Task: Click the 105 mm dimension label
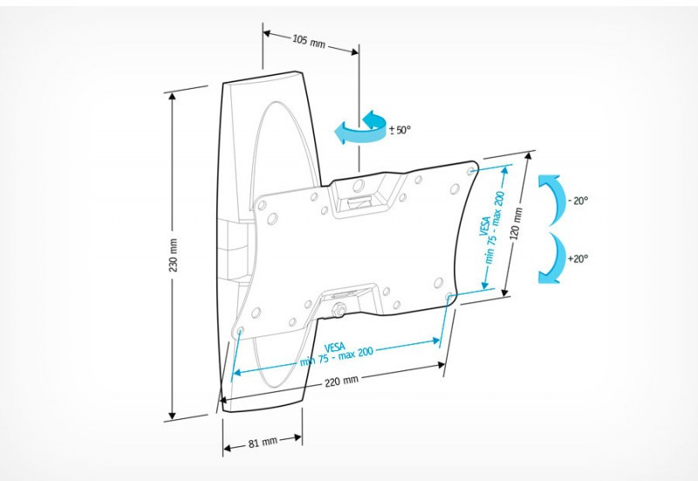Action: pyautogui.click(x=309, y=41)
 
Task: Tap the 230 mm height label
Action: pyautogui.click(x=173, y=255)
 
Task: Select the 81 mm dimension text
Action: pyautogui.click(x=263, y=443)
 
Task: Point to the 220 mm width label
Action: pyautogui.click(x=341, y=381)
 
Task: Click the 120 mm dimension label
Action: pyautogui.click(x=517, y=224)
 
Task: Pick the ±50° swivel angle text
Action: pyautogui.click(x=400, y=130)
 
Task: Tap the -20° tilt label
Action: pyautogui.click(x=578, y=200)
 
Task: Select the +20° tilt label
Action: pyautogui.click(x=578, y=258)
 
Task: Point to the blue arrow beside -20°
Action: pyautogui.click(x=550, y=200)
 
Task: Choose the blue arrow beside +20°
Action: pyautogui.click(x=550, y=258)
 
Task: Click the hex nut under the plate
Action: pyautogui.click(x=339, y=309)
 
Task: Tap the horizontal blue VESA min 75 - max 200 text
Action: pyautogui.click(x=336, y=354)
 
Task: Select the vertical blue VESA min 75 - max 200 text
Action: pyautogui.click(x=492, y=227)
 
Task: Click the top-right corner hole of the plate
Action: pyautogui.click(x=471, y=171)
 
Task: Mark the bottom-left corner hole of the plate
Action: pyautogui.click(x=241, y=331)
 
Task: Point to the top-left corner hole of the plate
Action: pyautogui.click(x=262, y=206)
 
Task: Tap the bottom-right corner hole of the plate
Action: pyautogui.click(x=448, y=296)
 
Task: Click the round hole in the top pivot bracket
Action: pyautogui.click(x=359, y=186)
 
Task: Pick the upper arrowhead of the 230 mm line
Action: pyautogui.click(x=172, y=97)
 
